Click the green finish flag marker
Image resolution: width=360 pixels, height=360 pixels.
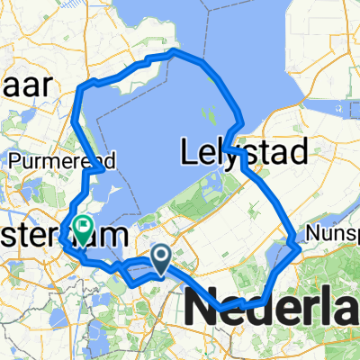coord(83,229)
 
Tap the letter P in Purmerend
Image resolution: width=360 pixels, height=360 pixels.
coord(14,162)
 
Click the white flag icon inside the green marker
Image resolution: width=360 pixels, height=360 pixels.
coord(83,226)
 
